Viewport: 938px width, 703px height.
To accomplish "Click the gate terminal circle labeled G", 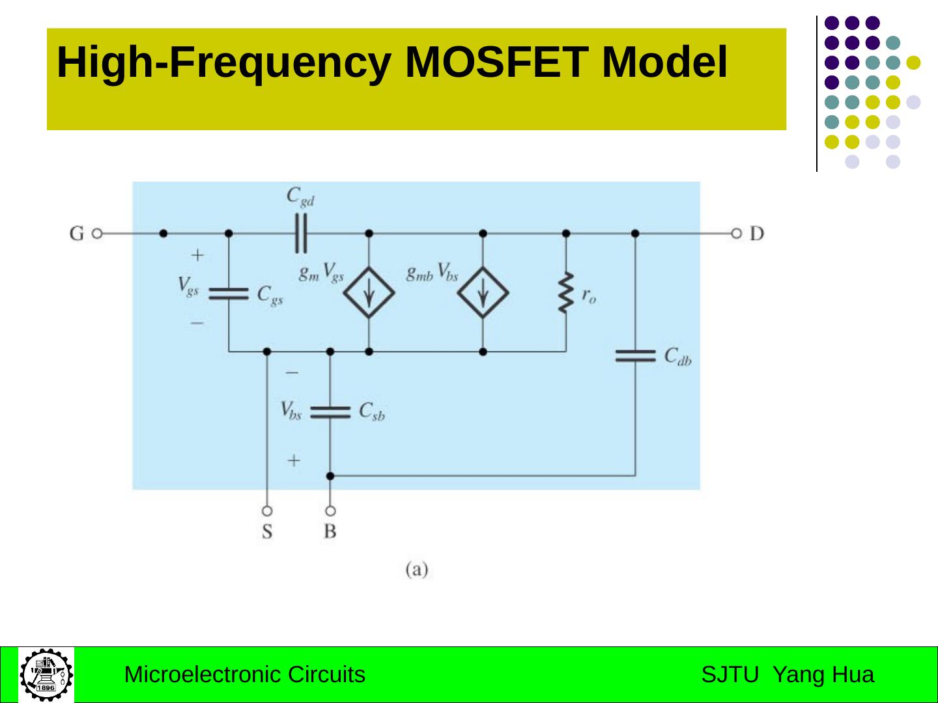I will click(97, 233).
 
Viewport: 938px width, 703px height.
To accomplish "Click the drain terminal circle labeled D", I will click(736, 233).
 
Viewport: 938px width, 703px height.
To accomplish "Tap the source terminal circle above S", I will click(267, 511).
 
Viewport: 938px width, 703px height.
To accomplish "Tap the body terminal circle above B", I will click(330, 511).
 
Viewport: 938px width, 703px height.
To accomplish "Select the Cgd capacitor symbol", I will click(300, 233).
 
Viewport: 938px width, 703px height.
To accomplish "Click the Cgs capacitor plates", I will click(229, 294).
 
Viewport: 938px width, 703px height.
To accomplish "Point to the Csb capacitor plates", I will click(330, 412).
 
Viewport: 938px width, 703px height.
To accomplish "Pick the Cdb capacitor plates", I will click(635, 355).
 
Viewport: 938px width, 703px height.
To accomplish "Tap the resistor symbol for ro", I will click(566, 293).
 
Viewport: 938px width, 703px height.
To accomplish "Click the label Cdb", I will click(677, 356).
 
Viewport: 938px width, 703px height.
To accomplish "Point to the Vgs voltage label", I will click(188, 286).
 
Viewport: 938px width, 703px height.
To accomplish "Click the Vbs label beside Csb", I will click(291, 411).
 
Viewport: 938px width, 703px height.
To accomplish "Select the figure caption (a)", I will click(417, 570).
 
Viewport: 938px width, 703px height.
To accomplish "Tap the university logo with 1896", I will click(46, 674).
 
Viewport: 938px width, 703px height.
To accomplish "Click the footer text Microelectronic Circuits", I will click(244, 674).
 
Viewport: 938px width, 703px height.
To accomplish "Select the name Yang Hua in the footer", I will click(823, 674).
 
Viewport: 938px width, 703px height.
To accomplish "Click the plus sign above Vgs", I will click(197, 255).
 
